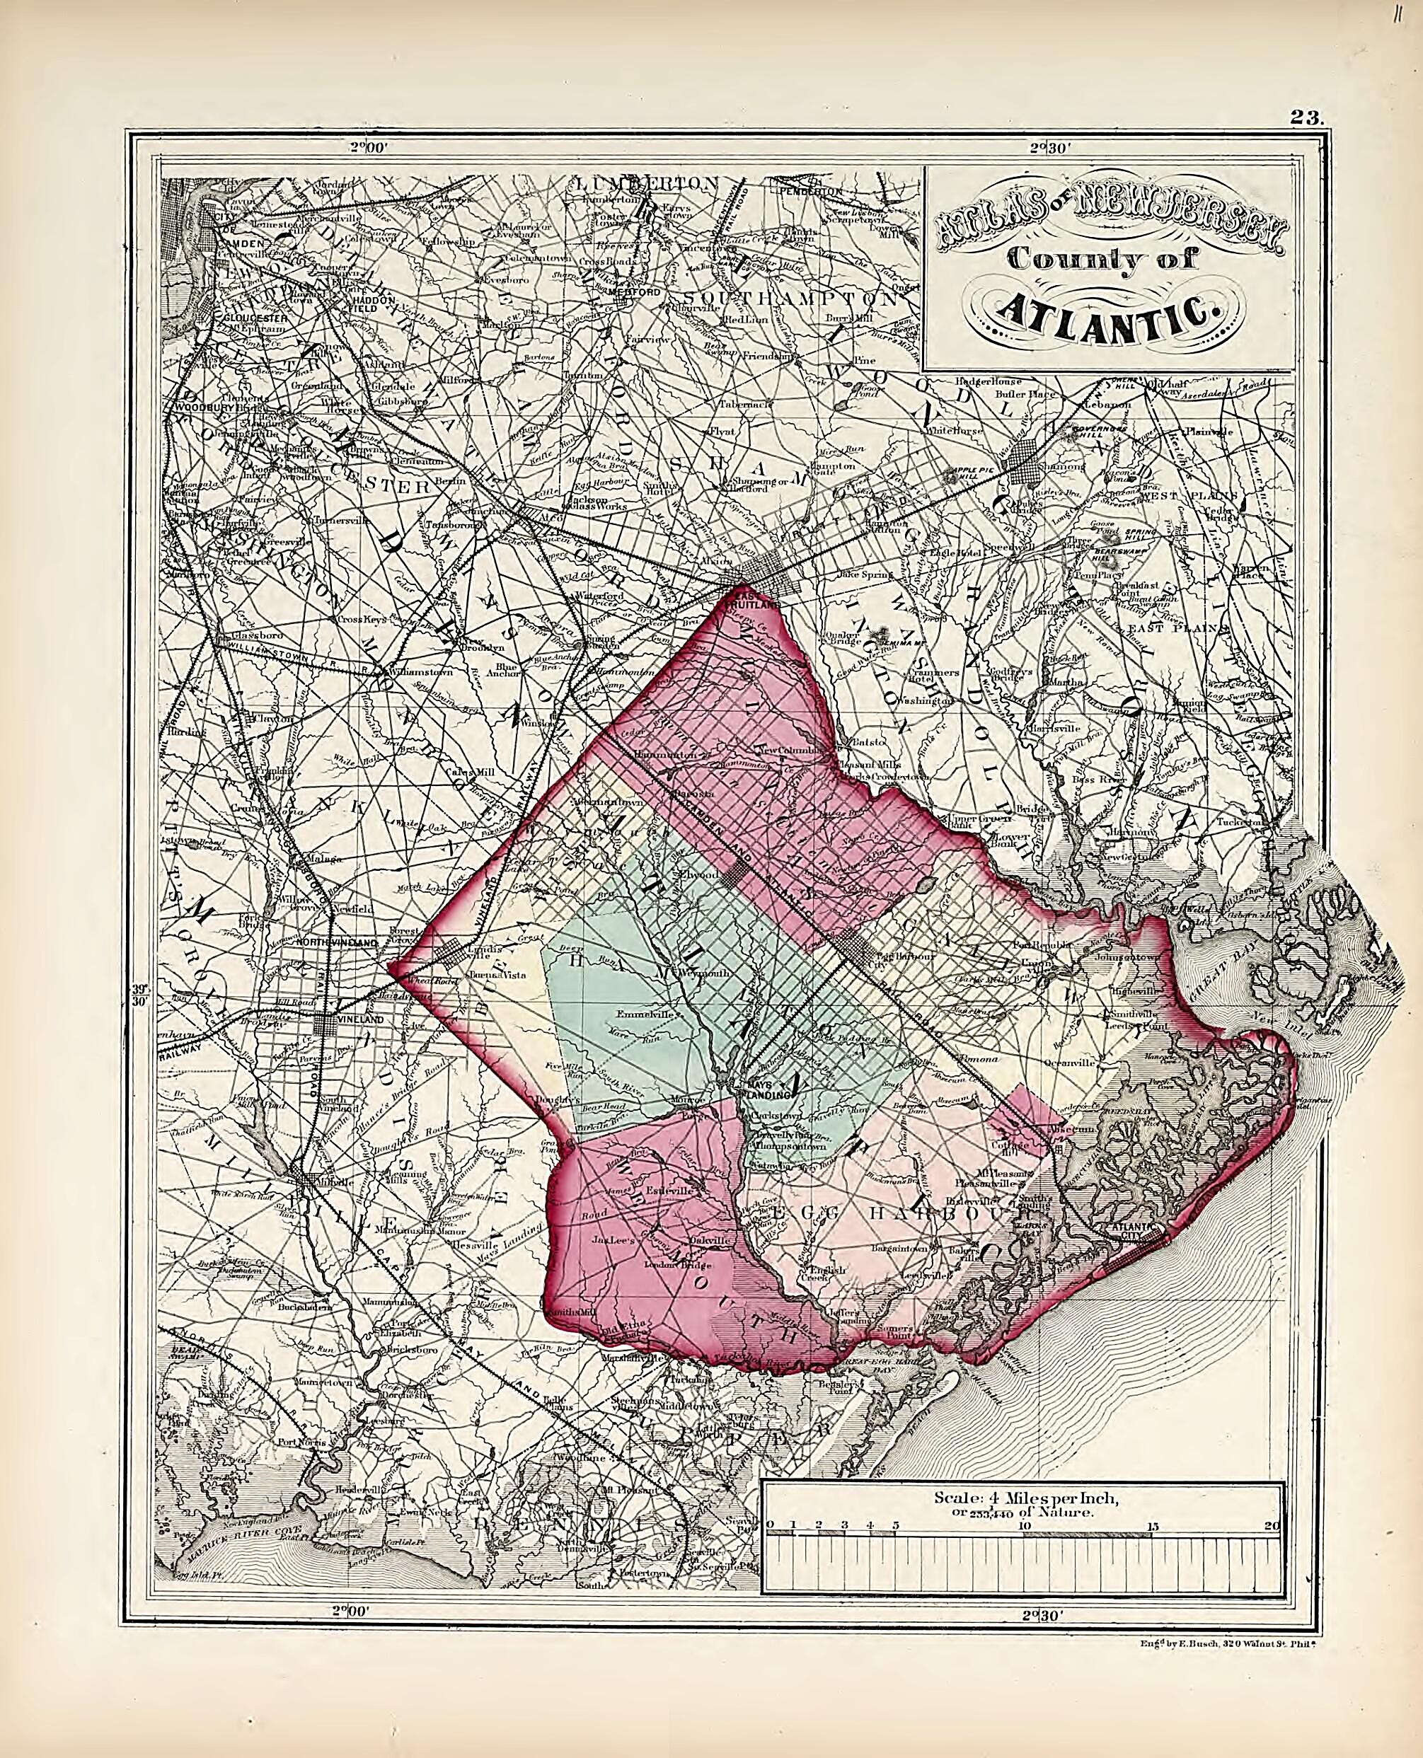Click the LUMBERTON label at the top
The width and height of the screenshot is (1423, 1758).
pyautogui.click(x=647, y=182)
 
